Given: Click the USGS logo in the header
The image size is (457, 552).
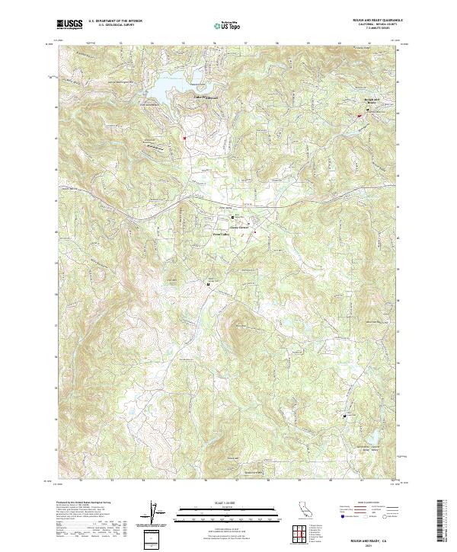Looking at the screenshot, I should (69, 24).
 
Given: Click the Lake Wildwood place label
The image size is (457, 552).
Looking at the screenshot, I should (185, 96).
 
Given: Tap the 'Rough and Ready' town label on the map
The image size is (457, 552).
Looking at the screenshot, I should (372, 101).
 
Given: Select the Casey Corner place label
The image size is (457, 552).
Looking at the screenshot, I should (239, 225).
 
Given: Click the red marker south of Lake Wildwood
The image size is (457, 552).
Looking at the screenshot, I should (184, 138).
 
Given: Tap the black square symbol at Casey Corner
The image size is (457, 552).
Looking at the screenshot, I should (233, 217).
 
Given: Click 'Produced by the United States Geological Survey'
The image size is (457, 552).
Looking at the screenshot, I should (84, 503).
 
